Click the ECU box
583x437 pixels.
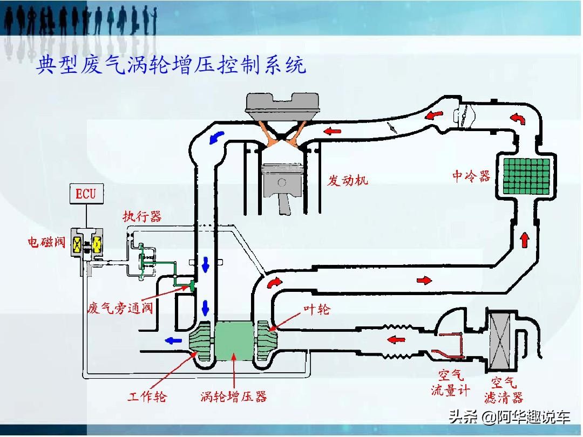tap(86, 194)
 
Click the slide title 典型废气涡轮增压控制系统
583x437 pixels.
tap(171, 66)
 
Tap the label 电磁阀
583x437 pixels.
tap(46, 242)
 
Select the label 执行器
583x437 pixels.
tap(142, 217)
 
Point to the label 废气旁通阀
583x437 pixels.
tap(120, 309)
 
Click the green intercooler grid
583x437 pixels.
tap(526, 176)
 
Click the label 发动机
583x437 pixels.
tap(348, 180)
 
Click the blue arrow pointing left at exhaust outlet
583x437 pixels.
tap(172, 340)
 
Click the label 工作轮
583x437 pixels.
tap(147, 397)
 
